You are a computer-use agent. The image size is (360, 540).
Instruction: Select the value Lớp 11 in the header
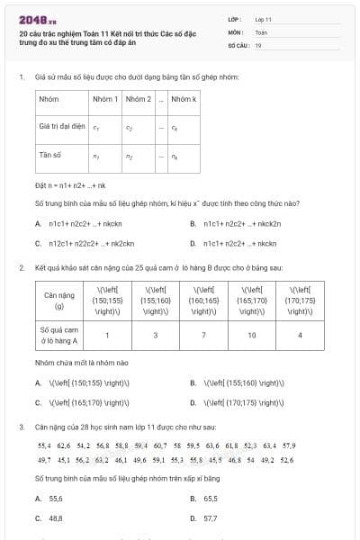click(263, 18)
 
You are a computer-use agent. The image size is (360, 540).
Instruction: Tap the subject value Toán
click(261, 31)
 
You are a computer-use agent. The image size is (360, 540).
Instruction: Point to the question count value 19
click(258, 43)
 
